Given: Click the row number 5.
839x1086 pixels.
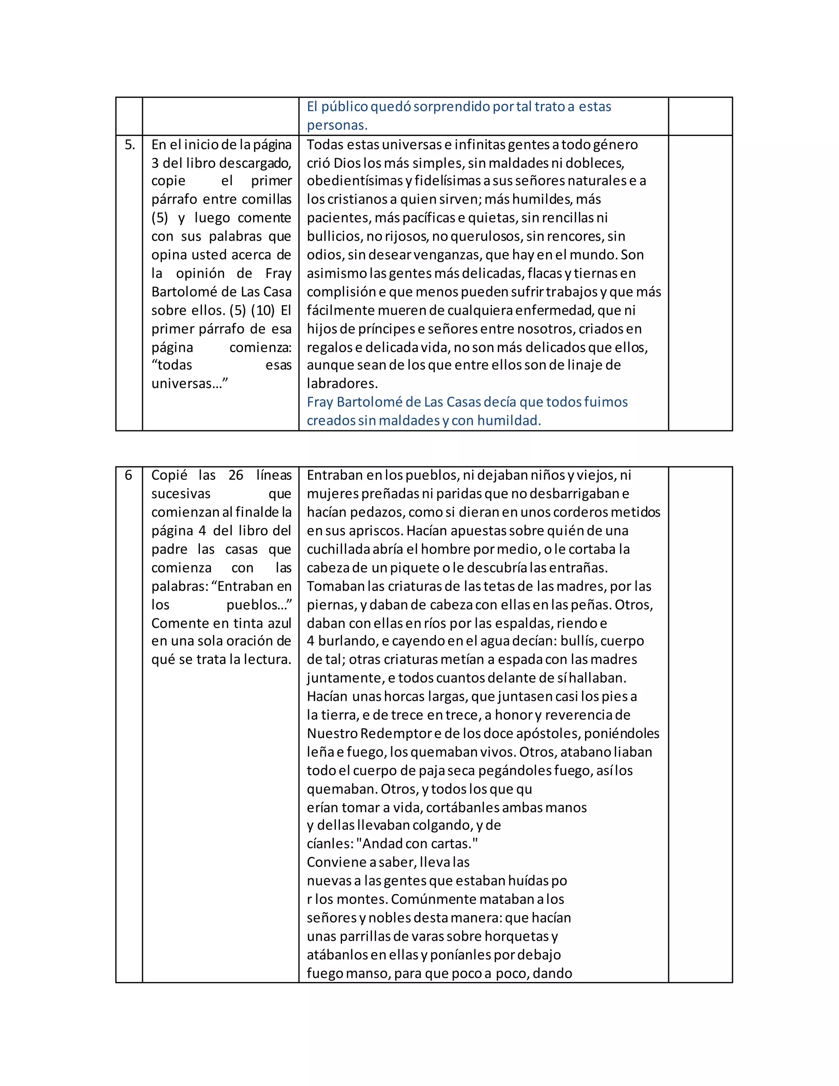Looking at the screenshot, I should [x=129, y=145].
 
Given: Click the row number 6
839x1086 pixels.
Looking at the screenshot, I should [x=128, y=475].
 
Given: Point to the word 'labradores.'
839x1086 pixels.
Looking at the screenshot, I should [x=342, y=384].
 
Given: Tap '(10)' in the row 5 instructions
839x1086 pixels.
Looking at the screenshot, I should [x=263, y=310].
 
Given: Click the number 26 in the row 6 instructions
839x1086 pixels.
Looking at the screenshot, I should [x=236, y=475].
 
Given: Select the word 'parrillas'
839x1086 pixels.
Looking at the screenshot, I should [x=359, y=936].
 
